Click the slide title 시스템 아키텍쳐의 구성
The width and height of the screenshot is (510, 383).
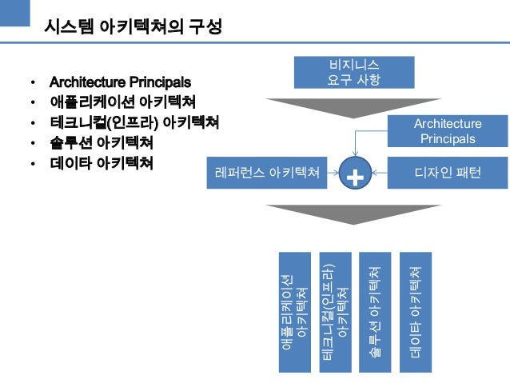pyautogui.click(x=132, y=27)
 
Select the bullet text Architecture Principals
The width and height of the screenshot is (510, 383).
pyautogui.click(x=120, y=82)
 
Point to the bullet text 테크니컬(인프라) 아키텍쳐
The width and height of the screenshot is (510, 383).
pyautogui.click(x=133, y=123)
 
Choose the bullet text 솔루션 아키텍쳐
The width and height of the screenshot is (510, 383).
pyautogui.click(x=102, y=144)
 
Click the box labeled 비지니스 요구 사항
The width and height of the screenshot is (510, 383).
pyautogui.click(x=354, y=72)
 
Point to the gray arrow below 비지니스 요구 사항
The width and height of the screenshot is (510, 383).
pyautogui.click(x=354, y=107)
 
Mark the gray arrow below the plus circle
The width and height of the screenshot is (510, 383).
pyautogui.click(x=354, y=213)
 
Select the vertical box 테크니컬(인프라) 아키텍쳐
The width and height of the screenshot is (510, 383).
pyautogui.click(x=335, y=312)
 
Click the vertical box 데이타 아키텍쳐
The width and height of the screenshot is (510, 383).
pyautogui.click(x=416, y=312)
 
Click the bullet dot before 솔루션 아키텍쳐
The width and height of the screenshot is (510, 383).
pyautogui.click(x=33, y=145)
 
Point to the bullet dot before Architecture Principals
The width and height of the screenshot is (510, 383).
pyautogui.click(x=33, y=82)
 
